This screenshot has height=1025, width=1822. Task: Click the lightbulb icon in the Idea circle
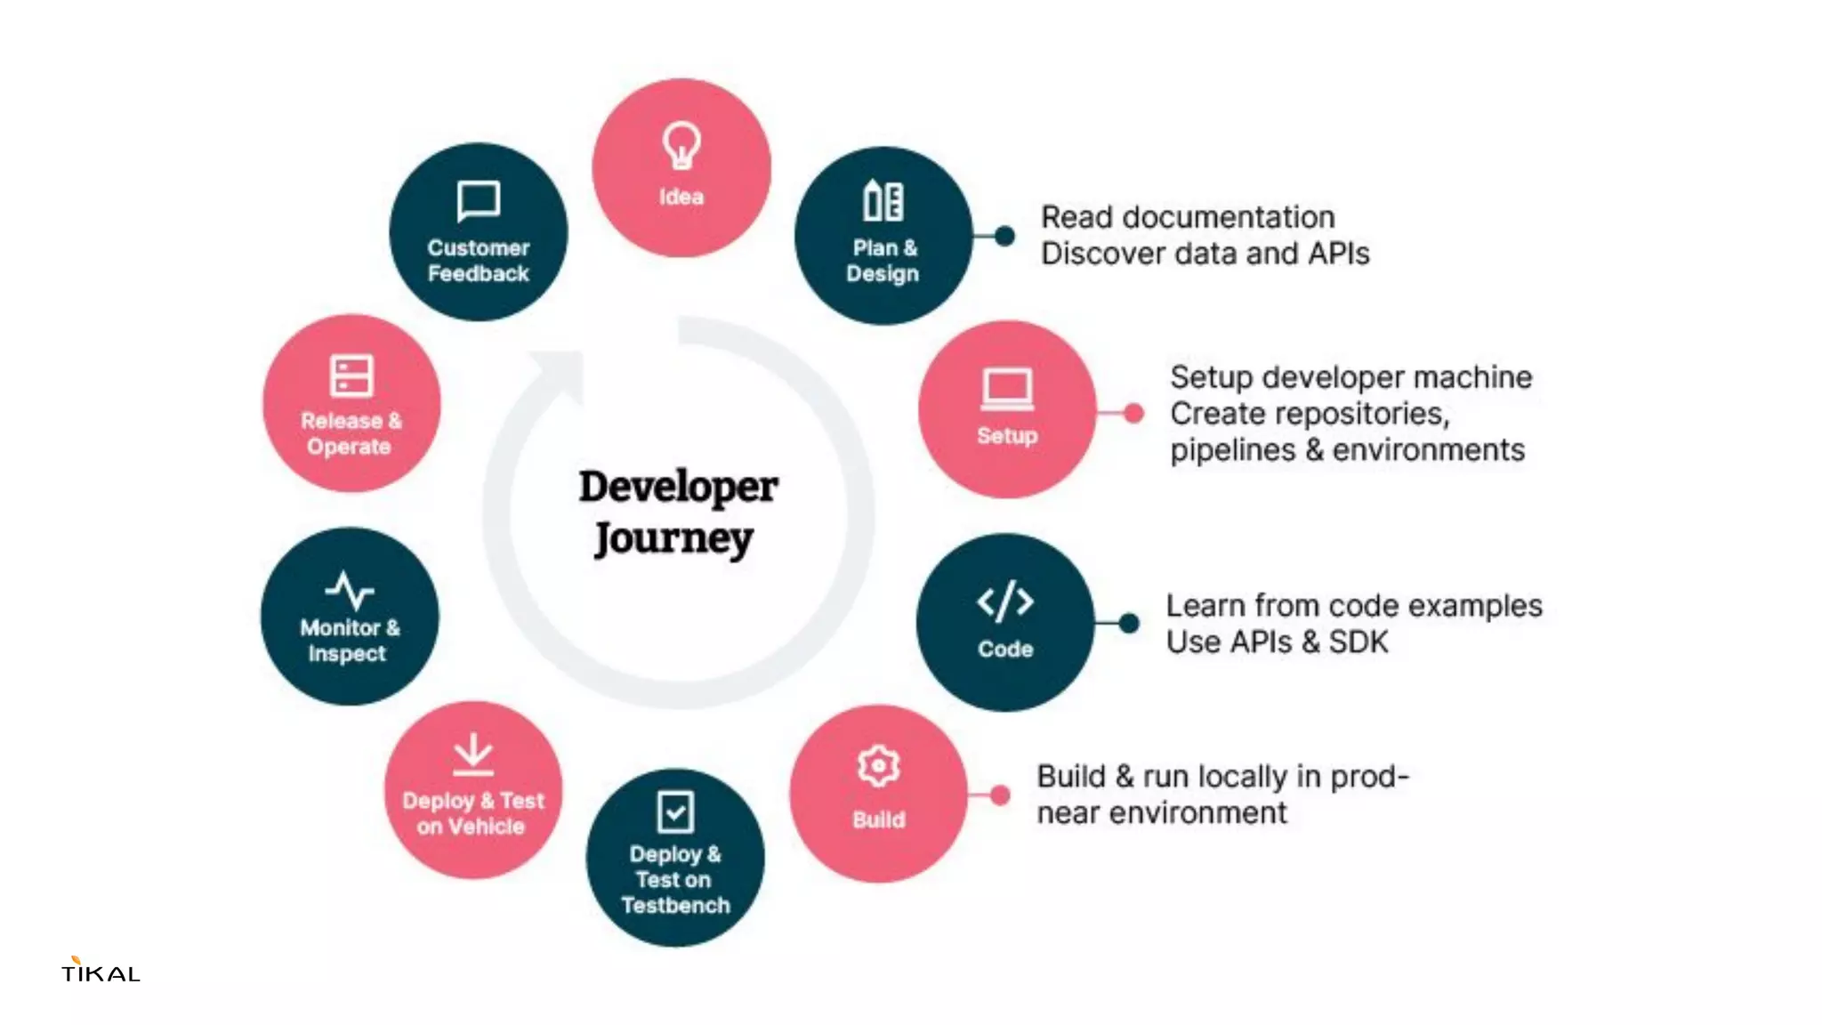681,145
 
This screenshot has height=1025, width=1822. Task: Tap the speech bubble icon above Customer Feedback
479,201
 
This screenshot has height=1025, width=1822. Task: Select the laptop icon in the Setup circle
1007,390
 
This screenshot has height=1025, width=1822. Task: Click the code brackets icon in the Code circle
1005,602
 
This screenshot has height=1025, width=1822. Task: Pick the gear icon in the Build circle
878,766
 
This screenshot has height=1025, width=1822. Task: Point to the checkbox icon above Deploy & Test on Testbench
675,811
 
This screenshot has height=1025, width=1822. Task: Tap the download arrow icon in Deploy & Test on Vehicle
472,755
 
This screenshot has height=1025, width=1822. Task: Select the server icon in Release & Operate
351,375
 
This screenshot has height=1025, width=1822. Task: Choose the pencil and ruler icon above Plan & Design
883,201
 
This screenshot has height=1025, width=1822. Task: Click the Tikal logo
101,970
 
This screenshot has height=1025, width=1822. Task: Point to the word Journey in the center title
673,539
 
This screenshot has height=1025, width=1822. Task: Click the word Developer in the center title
678,488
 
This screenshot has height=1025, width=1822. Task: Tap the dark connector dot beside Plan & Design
1004,236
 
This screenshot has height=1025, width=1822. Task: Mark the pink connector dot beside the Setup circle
1133,413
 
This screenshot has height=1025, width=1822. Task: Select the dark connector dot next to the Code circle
1128,623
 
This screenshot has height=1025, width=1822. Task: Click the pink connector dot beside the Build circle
1000,795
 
